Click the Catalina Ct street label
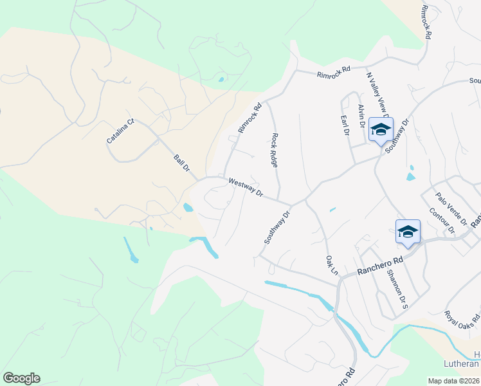pos(121,131)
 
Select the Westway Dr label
pos(246,188)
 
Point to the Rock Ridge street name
pos(275,150)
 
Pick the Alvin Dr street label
pos(362,115)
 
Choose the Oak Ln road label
pos(331,264)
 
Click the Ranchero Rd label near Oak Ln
pos(380,264)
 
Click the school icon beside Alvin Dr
pos(381,129)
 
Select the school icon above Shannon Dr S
pos(408,232)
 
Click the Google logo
pos(21,378)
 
